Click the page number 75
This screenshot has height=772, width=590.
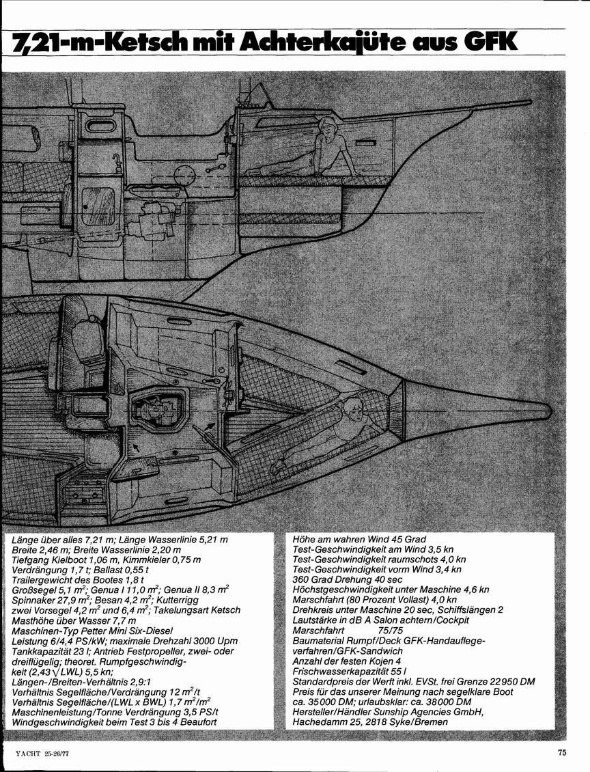coord(562,752)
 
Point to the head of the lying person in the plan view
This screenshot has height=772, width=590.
coord(352,408)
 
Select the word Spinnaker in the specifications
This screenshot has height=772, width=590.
coord(31,600)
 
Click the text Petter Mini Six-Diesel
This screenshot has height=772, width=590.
coord(123,631)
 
